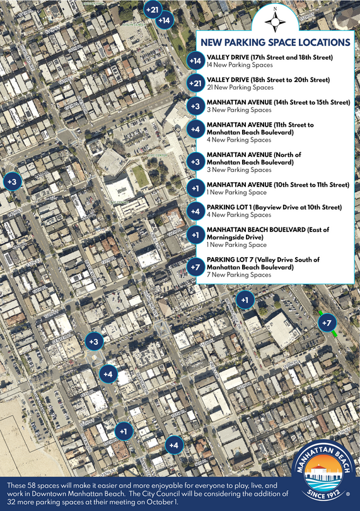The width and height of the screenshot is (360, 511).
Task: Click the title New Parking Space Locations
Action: point(275,43)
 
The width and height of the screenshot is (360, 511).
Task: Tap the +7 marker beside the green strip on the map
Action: point(327,323)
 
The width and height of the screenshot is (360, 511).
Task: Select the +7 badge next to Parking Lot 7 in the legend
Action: point(195,267)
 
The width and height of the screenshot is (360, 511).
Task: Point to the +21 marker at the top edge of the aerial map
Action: point(153,10)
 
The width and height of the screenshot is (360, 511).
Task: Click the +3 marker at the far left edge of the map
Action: point(12,181)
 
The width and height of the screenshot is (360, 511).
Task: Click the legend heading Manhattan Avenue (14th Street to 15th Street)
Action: point(277,102)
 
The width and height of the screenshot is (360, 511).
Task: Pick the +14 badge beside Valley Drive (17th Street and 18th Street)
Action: point(195,61)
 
